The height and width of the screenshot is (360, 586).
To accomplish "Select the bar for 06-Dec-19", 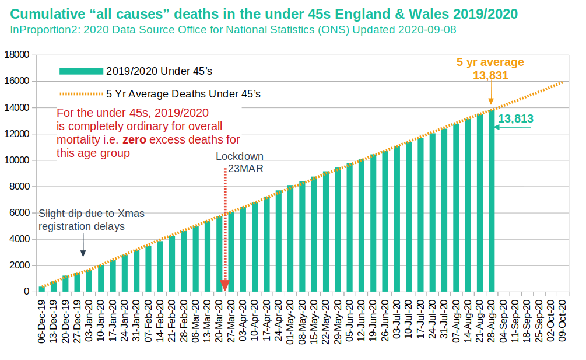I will tap(41, 289).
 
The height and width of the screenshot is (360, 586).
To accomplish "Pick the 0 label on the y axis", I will tap(26, 292).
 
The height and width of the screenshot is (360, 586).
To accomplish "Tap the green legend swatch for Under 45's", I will tap(81, 71).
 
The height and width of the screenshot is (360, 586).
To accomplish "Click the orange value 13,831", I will tap(490, 75).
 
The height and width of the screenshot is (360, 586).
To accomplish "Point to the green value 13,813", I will tap(516, 119).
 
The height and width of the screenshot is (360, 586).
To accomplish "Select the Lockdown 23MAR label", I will tap(239, 162).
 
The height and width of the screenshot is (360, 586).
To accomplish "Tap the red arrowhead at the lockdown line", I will tap(225, 285).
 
